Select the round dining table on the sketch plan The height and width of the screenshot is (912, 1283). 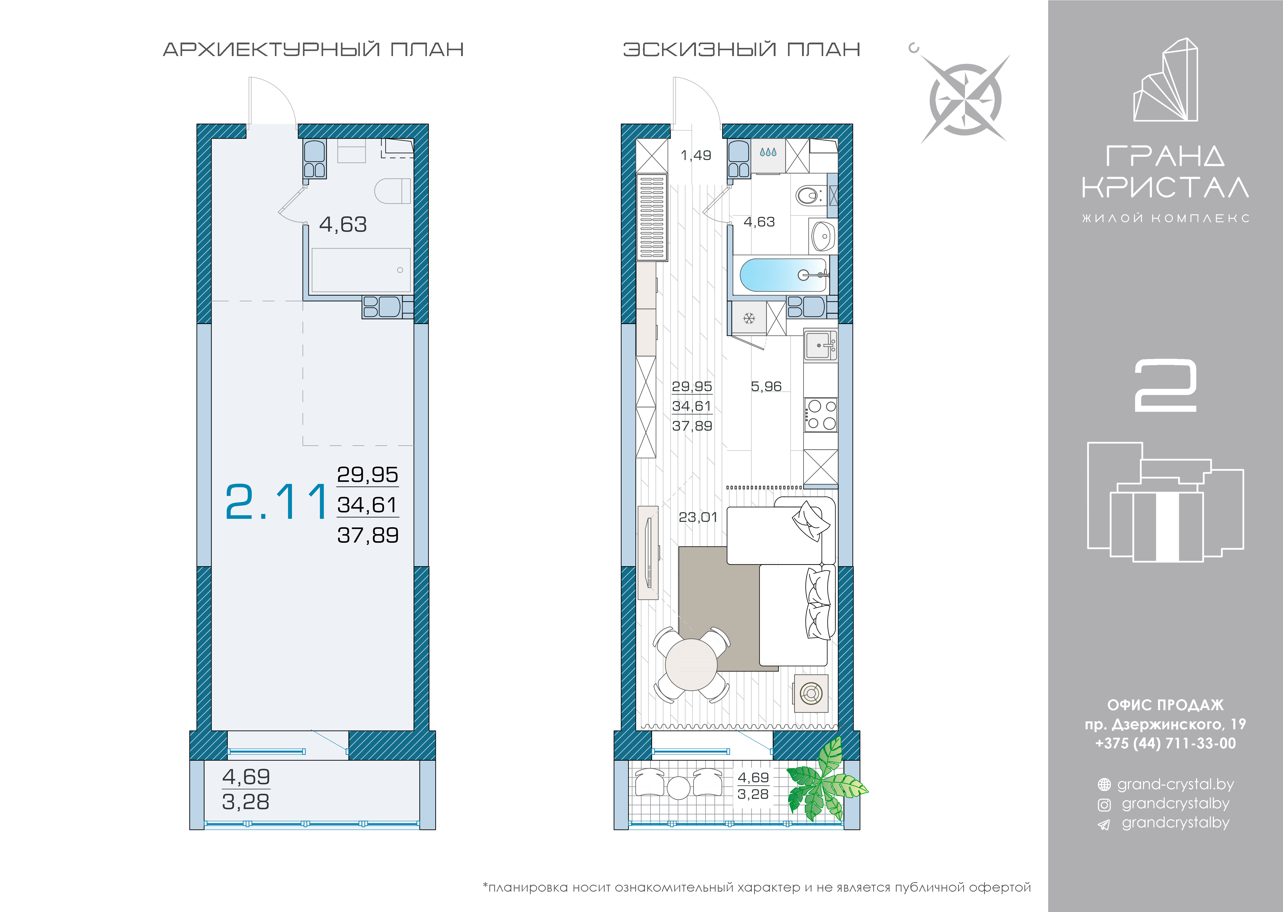pyautogui.click(x=691, y=664)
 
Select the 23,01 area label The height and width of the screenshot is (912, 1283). pyautogui.click(x=698, y=517)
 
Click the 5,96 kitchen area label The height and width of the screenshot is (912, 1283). pyautogui.click(x=766, y=386)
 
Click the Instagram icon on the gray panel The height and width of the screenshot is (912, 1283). pyautogui.click(x=1104, y=805)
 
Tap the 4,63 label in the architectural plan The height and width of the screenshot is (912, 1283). pyautogui.click(x=343, y=225)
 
